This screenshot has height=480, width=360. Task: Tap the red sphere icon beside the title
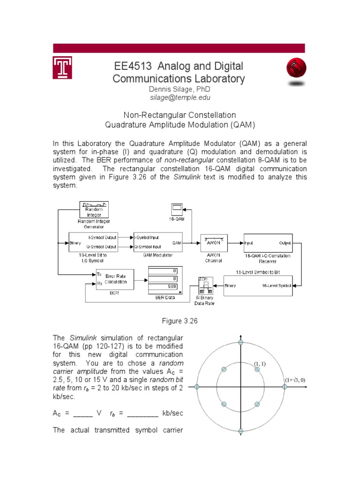[296, 70]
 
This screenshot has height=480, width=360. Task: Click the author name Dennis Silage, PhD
[179, 89]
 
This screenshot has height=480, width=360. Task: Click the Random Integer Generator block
[94, 209]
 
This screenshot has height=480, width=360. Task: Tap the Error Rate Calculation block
[115, 279]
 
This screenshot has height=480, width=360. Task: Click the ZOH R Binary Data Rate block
[204, 286]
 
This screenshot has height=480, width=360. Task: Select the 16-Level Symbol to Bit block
[258, 285]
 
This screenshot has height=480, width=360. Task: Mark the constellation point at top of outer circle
[241, 343]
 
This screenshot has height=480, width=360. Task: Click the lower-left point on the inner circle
[224, 404]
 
